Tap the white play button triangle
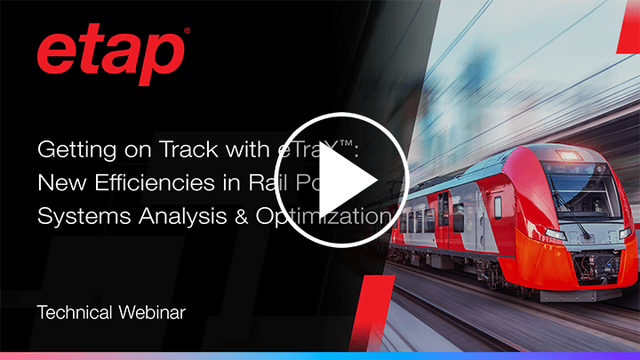coord(348,180)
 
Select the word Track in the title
coord(180,150)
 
